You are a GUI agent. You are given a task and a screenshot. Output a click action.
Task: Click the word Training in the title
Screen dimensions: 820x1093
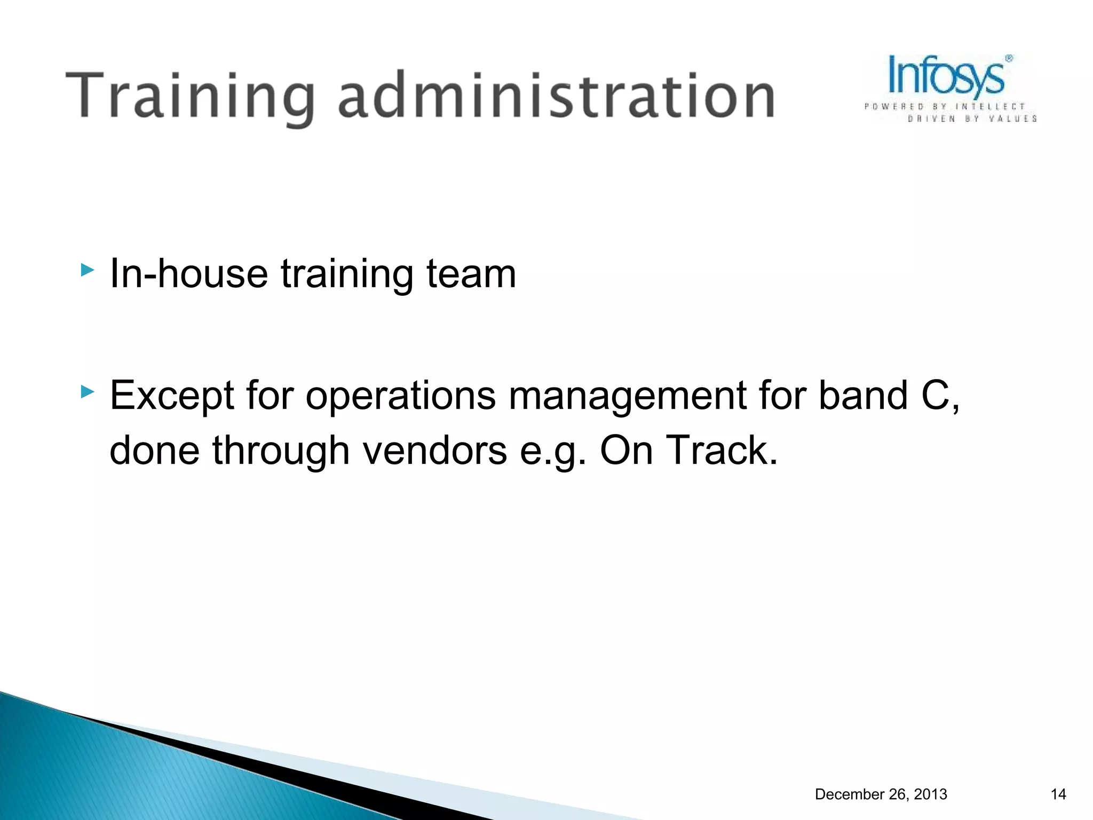pos(189,96)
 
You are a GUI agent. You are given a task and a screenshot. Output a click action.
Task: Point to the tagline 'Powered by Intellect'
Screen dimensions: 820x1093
pos(945,107)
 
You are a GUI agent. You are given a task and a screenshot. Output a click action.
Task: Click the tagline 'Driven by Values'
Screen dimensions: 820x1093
pos(972,119)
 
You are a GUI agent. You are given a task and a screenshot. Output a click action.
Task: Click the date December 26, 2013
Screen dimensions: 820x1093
pos(881,794)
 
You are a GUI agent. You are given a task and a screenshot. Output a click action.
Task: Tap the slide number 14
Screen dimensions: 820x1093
pos(1058,794)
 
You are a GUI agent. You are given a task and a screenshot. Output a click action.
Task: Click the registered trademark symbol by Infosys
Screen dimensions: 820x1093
pos(1009,59)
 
